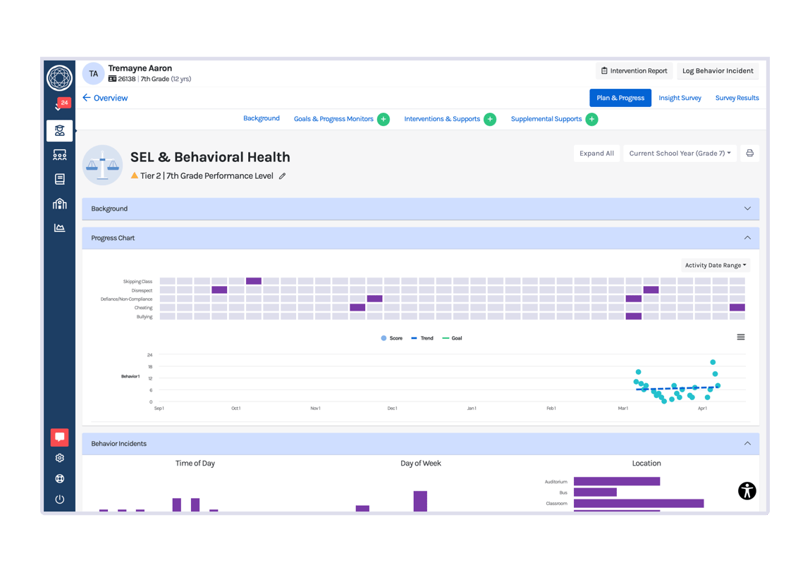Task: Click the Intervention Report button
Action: (x=634, y=71)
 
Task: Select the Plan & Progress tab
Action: (x=620, y=98)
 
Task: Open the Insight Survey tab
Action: (x=680, y=98)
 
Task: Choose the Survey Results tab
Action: (x=737, y=98)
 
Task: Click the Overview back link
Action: (x=105, y=98)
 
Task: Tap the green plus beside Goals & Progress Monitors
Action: (x=383, y=119)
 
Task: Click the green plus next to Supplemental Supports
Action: (x=591, y=119)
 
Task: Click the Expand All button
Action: (x=596, y=154)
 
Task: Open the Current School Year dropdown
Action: (x=680, y=154)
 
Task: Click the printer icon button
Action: (x=749, y=154)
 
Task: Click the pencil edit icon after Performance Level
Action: (x=283, y=176)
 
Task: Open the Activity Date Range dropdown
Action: (x=716, y=266)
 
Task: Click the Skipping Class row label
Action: (x=137, y=282)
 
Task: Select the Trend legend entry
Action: (x=423, y=339)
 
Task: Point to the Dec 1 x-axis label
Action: (x=392, y=409)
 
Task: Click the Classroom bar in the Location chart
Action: (x=638, y=504)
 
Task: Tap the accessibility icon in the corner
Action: (x=747, y=491)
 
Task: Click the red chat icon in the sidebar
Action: (x=60, y=437)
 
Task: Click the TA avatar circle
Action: (x=93, y=74)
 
